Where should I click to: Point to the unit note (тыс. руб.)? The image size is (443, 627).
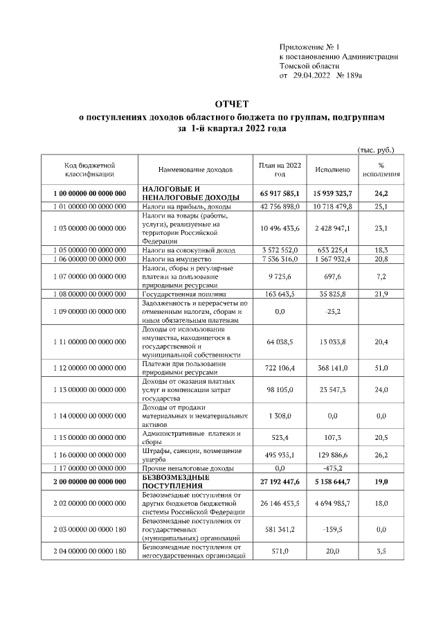(376, 150)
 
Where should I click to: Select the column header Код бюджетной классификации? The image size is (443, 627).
(90, 169)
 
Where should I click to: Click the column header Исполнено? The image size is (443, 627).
(332, 169)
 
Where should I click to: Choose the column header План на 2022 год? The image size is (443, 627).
(280, 169)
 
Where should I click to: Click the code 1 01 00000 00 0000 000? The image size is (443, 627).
(90, 206)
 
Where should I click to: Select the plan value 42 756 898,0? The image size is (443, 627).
(280, 206)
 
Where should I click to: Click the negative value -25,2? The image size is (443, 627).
(334, 312)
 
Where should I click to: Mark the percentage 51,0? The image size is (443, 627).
(381, 368)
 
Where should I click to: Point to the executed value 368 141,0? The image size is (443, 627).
(332, 368)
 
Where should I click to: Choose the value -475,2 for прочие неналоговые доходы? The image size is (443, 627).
(334, 468)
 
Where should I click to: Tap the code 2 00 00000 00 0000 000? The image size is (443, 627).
(90, 482)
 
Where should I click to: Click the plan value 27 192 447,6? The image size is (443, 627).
(280, 482)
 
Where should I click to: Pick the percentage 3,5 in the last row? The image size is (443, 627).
(381, 551)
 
